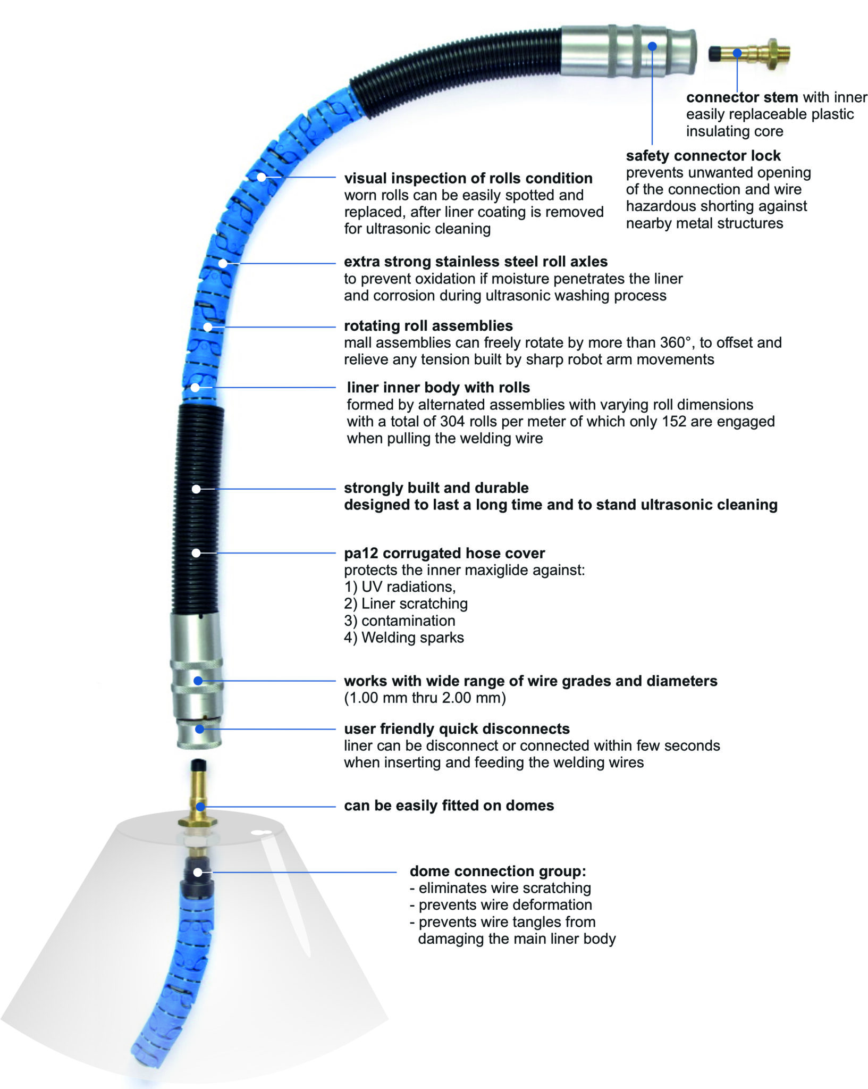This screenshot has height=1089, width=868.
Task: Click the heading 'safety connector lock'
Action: click(703, 156)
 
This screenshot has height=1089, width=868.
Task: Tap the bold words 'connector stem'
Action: click(742, 97)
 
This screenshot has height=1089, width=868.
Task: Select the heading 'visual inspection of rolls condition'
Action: click(468, 178)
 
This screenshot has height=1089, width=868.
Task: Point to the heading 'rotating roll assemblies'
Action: click(428, 326)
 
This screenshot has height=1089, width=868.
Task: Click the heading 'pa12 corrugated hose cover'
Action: click(444, 553)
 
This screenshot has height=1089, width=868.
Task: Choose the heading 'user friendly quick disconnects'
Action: click(457, 728)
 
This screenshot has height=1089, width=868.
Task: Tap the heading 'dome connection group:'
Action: click(498, 871)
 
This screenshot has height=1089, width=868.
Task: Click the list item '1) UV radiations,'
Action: click(400, 587)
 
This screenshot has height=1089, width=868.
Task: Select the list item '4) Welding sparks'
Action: click(404, 638)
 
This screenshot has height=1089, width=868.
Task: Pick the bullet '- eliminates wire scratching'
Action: click(500, 888)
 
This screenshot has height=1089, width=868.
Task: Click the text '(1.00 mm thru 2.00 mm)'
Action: click(425, 698)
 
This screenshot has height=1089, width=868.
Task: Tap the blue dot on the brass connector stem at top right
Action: click(737, 53)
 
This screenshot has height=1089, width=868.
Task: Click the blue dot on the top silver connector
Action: click(652, 46)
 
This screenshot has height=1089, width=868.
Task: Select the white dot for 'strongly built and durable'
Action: click(196, 489)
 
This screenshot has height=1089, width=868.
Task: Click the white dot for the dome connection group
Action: click(198, 872)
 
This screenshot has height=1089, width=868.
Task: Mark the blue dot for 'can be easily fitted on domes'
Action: click(200, 807)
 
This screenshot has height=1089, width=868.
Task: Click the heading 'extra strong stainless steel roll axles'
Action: click(476, 262)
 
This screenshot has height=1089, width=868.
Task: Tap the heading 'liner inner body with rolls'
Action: click(439, 388)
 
